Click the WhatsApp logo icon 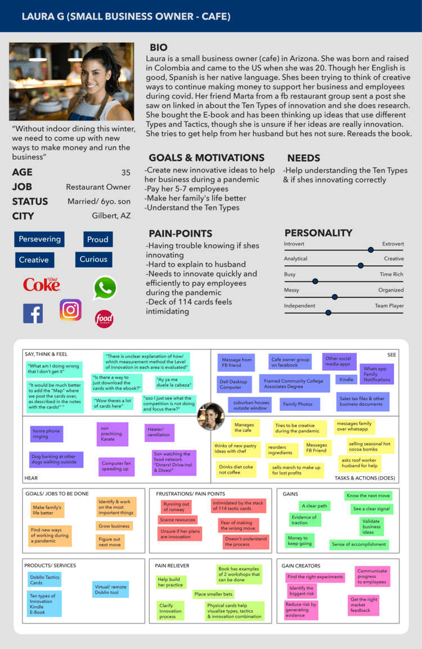click(x=105, y=288)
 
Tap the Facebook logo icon click(x=33, y=314)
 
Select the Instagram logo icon click(x=70, y=310)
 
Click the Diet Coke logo click(x=42, y=284)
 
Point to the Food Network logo click(x=104, y=319)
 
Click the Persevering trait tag click(x=39, y=239)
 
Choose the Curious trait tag click(x=93, y=259)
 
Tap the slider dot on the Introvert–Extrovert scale click(x=370, y=250)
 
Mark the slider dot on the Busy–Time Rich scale click(x=315, y=280)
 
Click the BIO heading click(x=158, y=48)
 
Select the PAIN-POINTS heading click(x=180, y=234)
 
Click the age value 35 click(x=125, y=172)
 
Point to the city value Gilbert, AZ click(x=111, y=216)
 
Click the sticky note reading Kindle click(x=347, y=380)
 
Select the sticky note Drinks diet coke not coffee click(x=236, y=469)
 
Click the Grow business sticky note click(x=114, y=526)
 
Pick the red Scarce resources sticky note click(x=178, y=520)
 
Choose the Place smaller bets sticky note click(x=213, y=594)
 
